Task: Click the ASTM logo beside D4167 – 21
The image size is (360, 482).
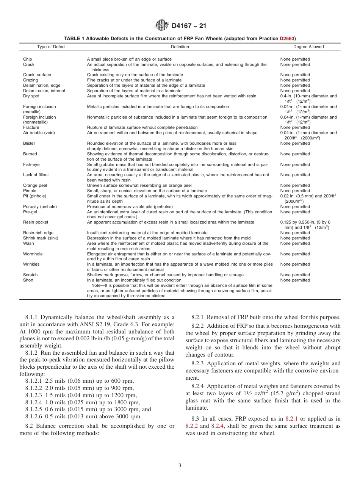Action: point(162,26)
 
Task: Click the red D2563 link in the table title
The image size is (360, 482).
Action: point(288,38)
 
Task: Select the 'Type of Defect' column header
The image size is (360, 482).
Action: point(51,47)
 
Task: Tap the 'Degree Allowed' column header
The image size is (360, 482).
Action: point(308,47)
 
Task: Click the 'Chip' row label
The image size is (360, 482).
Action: point(28,59)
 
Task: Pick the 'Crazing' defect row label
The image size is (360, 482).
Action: point(30,80)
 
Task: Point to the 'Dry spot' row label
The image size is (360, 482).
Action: point(31,96)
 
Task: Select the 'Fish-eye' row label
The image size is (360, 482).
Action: point(31,164)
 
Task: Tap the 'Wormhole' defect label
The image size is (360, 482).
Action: point(33,254)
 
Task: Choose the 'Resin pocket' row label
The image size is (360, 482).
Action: point(36,222)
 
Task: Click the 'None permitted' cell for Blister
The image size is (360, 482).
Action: point(295,144)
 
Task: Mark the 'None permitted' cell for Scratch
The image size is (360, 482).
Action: point(295,275)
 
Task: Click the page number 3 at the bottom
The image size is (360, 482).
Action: point(180,466)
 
